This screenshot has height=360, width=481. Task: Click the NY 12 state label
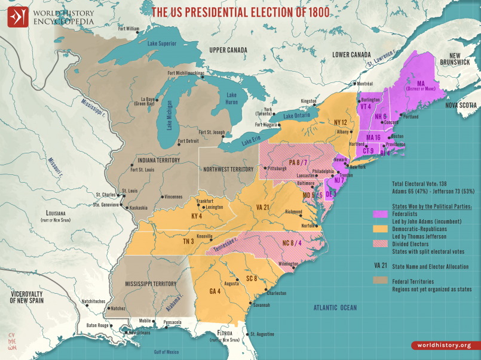coord(340,121)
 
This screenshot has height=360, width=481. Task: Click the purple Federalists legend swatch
coord(380,214)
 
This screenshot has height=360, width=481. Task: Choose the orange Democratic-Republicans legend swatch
coord(380,229)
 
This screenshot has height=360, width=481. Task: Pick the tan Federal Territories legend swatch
coord(380,280)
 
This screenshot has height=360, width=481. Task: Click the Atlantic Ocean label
coord(335,307)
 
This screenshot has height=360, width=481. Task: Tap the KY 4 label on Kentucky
coord(197,216)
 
